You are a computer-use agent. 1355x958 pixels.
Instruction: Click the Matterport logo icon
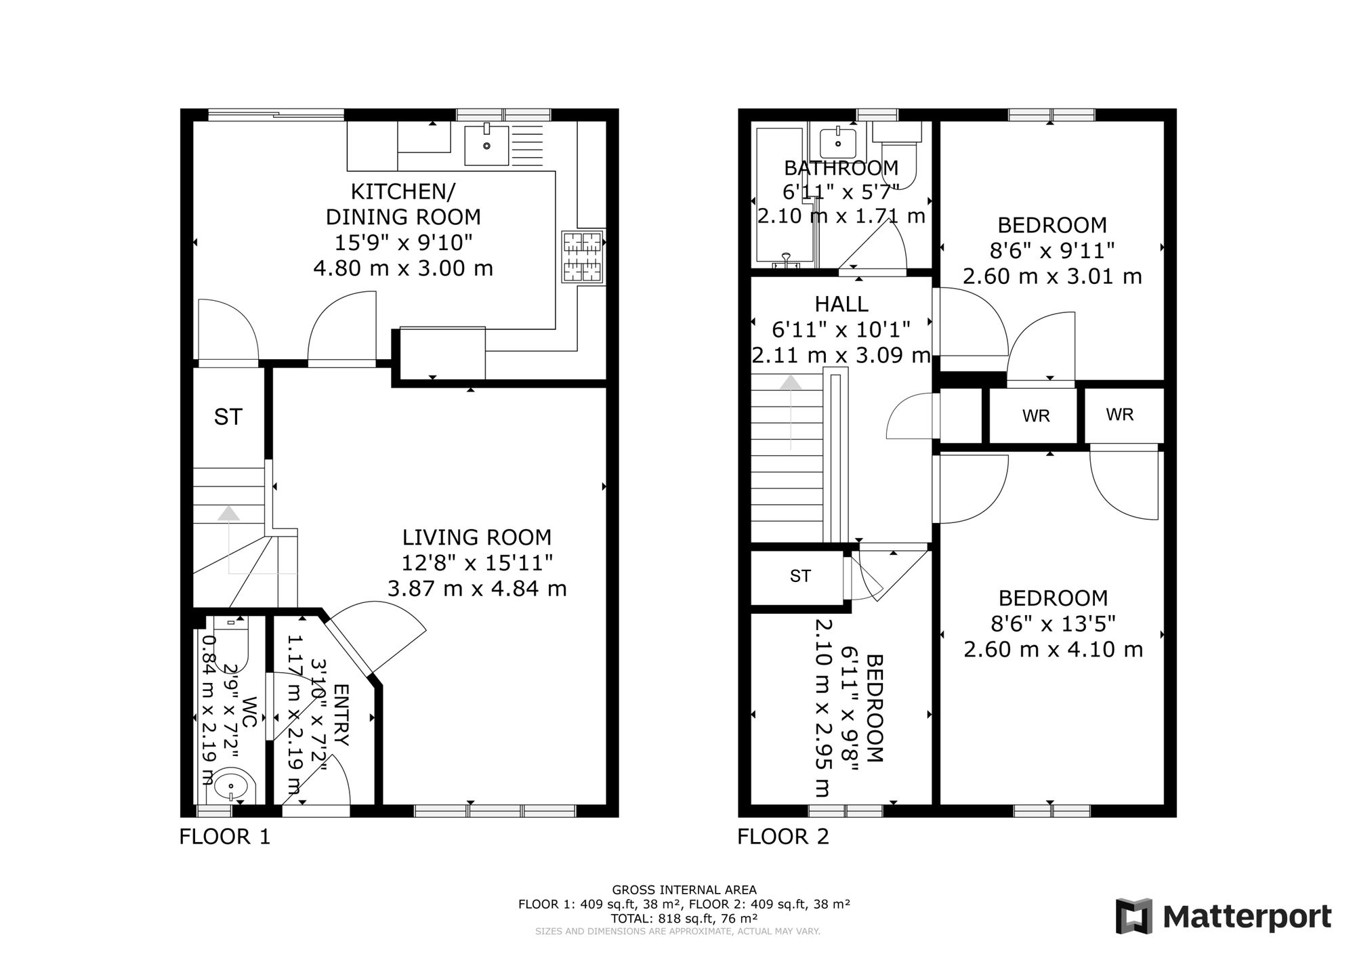tap(1134, 916)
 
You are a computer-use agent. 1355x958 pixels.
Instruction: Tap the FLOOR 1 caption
tap(225, 837)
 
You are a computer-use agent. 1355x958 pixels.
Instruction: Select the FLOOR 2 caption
tap(783, 837)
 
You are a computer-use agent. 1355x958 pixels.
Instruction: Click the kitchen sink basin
tap(486, 145)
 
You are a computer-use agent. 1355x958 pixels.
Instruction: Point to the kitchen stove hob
tap(583, 257)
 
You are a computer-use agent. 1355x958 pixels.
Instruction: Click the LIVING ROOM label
tap(477, 537)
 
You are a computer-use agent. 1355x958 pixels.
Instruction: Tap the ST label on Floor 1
tap(228, 417)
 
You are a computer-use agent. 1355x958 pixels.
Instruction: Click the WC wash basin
tap(232, 787)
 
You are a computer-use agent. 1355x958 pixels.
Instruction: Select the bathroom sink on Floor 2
tap(838, 143)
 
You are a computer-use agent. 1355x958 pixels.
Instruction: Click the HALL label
tap(841, 304)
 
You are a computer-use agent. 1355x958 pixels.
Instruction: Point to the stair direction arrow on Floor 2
tap(791, 413)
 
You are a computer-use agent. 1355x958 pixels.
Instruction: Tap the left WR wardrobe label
tap(1037, 416)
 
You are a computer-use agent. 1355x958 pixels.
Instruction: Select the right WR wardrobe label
tap(1120, 414)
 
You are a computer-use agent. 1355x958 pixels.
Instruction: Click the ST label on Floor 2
tap(800, 576)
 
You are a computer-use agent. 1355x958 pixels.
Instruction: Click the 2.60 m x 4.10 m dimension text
tap(1054, 649)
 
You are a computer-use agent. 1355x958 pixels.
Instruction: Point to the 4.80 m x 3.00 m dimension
tap(403, 268)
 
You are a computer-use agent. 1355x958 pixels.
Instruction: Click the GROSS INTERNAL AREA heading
tap(684, 890)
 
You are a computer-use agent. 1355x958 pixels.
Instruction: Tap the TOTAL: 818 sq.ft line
tap(684, 918)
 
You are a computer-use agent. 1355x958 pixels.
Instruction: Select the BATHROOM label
tap(841, 167)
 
